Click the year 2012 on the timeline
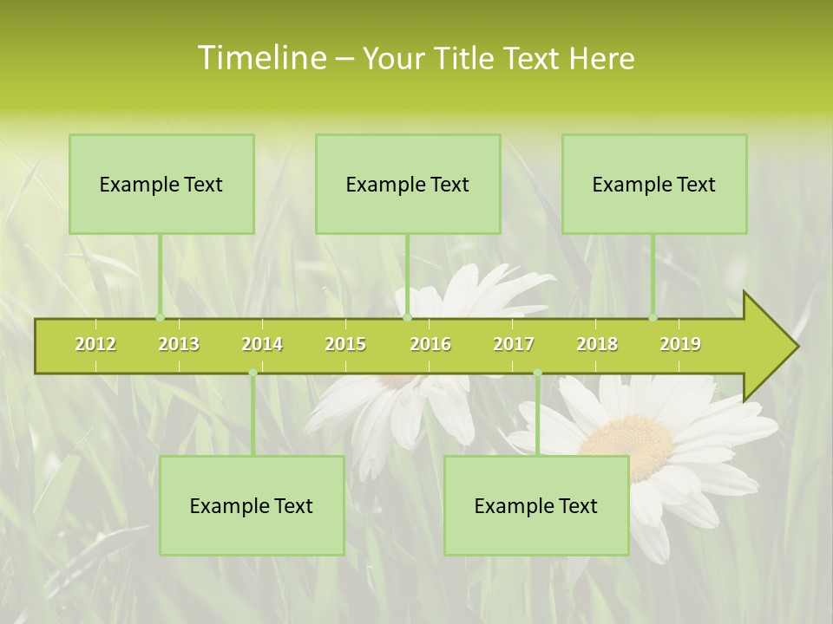[x=95, y=344]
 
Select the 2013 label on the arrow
[x=179, y=344]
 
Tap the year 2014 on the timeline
[x=262, y=344]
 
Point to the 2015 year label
[x=345, y=344]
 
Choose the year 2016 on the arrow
[x=430, y=344]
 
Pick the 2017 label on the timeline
[x=514, y=344]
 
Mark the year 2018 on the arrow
[x=597, y=344]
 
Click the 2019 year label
[x=680, y=344]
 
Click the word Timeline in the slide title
[x=261, y=58]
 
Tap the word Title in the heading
[x=462, y=58]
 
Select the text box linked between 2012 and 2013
[x=161, y=184]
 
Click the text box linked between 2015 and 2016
[x=408, y=184]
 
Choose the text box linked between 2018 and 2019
[x=654, y=184]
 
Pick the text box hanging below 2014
[x=252, y=505]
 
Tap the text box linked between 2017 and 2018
[x=536, y=505]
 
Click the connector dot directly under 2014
[x=253, y=373]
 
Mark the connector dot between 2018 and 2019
[x=653, y=318]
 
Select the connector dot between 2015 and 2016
[x=407, y=318]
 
